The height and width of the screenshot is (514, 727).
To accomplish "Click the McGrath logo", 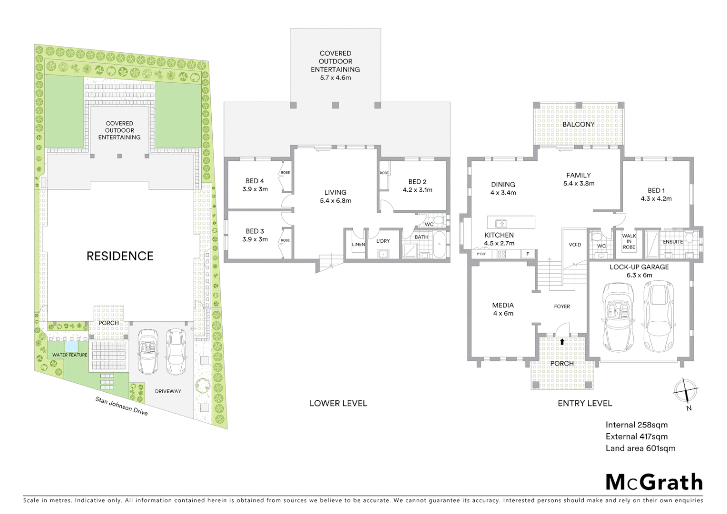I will (654, 482).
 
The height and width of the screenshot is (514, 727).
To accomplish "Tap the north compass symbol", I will (685, 392).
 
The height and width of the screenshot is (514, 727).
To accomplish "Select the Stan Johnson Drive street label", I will (121, 405).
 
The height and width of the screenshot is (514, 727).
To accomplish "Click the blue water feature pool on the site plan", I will (71, 346).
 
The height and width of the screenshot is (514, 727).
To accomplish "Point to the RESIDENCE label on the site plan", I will (120, 256).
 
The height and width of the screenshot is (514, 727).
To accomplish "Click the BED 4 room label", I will (255, 185).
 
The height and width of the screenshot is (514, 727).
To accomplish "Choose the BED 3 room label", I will (255, 235).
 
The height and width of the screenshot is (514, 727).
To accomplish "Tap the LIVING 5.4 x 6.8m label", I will (335, 196).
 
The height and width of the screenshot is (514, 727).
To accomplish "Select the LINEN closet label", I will (358, 245).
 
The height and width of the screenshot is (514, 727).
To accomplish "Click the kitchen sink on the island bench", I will (500, 223).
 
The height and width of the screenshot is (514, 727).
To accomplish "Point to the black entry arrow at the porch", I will (562, 341).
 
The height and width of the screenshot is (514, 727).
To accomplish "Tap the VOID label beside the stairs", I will (575, 245).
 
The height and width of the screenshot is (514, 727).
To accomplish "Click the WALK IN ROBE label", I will (629, 241).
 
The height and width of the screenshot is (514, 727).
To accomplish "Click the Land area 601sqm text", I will (640, 448).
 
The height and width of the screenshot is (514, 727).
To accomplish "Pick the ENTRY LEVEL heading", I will (585, 403).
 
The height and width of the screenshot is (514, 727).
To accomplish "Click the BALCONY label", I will (578, 124).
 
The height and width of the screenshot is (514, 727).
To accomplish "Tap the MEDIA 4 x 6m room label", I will (503, 309).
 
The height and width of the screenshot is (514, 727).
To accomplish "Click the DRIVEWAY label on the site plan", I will (168, 391).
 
